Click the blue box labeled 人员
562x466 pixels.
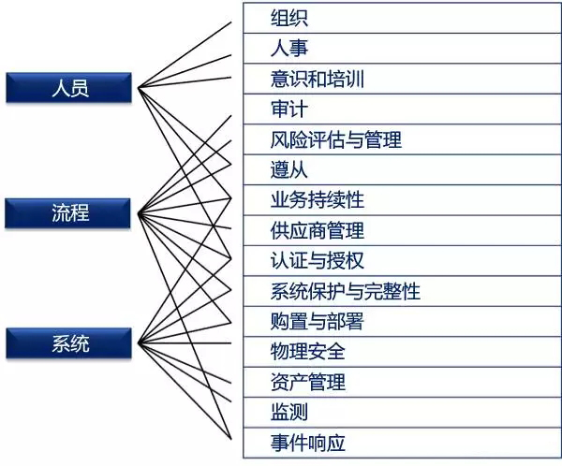coord(68,88)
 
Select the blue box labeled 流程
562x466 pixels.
coord(67,213)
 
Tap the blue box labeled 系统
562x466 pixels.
coord(68,343)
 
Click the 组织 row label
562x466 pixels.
coord(288,18)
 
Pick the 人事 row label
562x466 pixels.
coord(288,48)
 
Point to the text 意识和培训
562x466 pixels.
coord(318,79)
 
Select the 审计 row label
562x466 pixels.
coord(288,109)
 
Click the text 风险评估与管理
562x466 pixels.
coord(336,139)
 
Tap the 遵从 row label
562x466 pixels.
coord(288,169)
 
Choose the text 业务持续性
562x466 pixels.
coord(318,199)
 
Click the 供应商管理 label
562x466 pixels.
coord(318,230)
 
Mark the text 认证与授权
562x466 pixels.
coord(318,260)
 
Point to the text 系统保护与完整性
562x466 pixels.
coord(345,291)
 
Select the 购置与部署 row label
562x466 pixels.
coord(318,321)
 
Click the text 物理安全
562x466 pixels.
coord(308,351)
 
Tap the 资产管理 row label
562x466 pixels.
coord(308,382)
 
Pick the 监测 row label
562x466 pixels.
coord(288,412)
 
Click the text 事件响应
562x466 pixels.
coord(308,443)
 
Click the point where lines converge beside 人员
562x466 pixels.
coord(139,87)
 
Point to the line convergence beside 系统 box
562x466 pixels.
coord(139,343)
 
